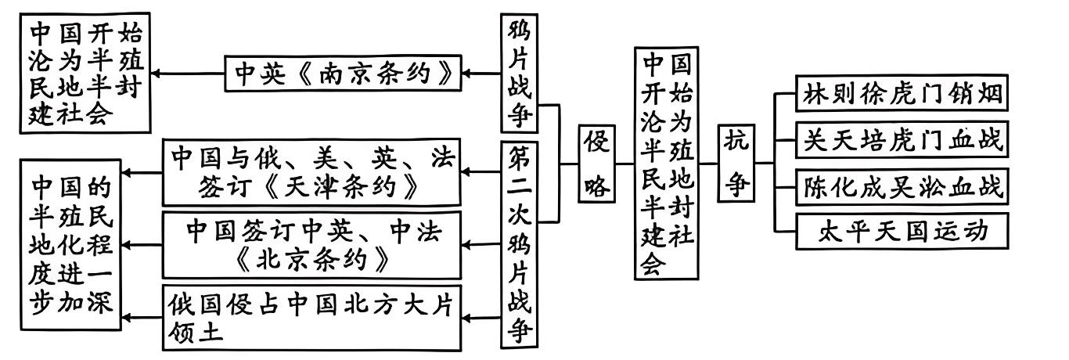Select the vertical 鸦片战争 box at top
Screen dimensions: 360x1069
[x=520, y=74]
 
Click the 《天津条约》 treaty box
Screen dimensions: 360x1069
[x=311, y=171]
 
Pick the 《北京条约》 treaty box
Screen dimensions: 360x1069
[x=311, y=244]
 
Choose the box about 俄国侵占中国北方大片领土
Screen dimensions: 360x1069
[x=311, y=317]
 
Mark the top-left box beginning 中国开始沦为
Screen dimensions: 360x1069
[x=86, y=74]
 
